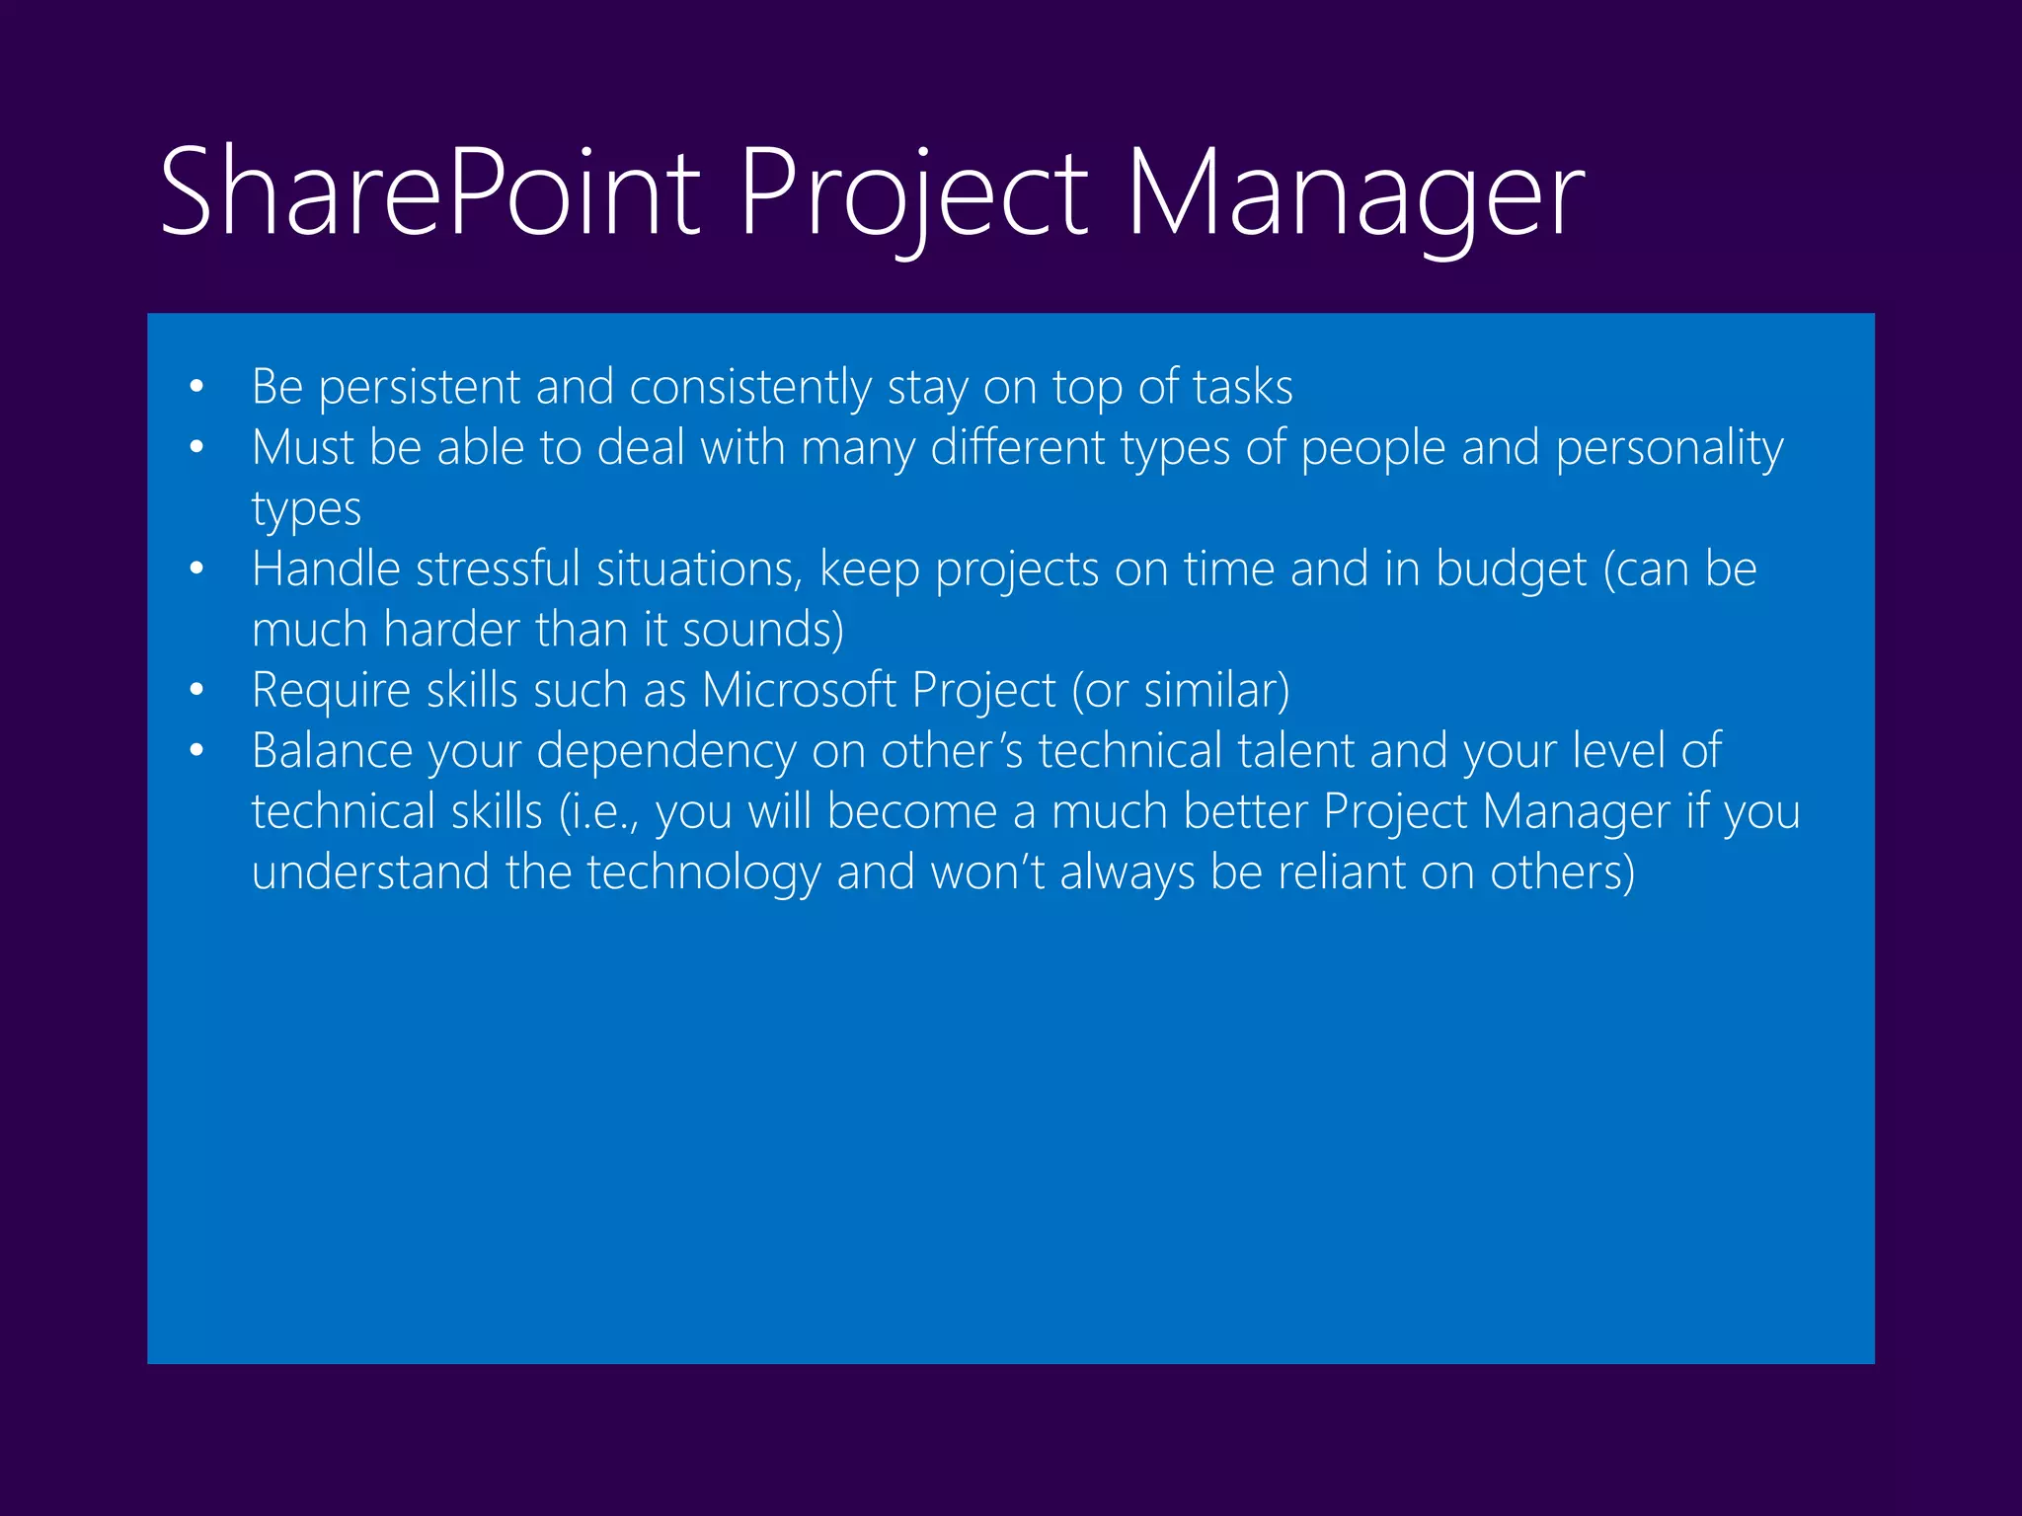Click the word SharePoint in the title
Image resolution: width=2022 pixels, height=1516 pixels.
click(x=429, y=192)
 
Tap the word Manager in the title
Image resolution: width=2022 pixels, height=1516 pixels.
click(x=1355, y=192)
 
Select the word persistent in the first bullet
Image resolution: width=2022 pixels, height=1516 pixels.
click(x=419, y=388)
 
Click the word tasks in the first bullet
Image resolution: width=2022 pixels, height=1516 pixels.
click(x=1242, y=388)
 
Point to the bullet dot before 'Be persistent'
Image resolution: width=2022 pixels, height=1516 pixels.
click(x=196, y=388)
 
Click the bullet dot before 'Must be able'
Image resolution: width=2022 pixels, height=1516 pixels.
click(x=196, y=448)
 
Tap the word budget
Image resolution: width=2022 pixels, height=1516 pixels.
click(x=1511, y=570)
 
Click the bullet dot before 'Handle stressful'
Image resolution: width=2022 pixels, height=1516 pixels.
click(x=196, y=569)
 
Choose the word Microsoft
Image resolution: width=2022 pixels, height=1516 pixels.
click(x=799, y=690)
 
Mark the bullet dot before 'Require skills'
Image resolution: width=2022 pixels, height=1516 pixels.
click(x=196, y=691)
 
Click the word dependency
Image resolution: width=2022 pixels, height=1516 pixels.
click(x=665, y=752)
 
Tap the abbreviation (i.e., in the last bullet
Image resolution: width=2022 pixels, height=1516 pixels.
click(x=599, y=812)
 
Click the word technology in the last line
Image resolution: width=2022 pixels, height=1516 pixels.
click(x=703, y=873)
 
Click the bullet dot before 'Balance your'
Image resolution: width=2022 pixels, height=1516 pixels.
click(x=196, y=751)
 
